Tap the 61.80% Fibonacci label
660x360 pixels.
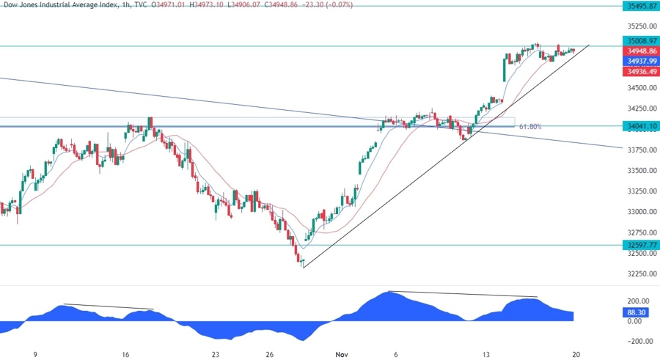530,127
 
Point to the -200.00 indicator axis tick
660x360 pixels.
635,341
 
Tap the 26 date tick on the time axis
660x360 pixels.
270,353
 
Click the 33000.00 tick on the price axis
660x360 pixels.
635,212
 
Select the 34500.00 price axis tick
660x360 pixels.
635,89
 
